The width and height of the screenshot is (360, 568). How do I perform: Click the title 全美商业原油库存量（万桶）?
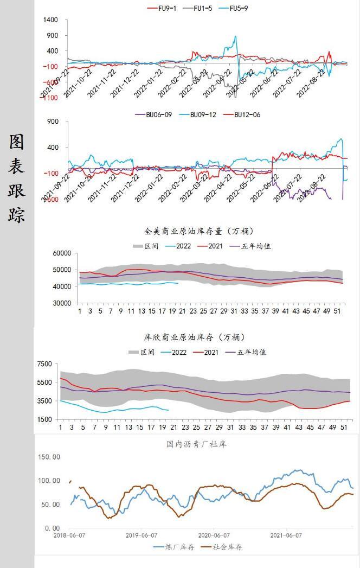pyautogui.click(x=199, y=232)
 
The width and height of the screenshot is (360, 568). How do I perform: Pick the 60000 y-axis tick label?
pyautogui.click(x=61, y=253)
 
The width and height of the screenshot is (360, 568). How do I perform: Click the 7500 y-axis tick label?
pyautogui.click(x=44, y=364)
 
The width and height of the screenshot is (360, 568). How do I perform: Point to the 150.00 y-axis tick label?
pyautogui.click(x=49, y=457)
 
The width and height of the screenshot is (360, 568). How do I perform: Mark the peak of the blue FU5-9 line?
pyautogui.click(x=235, y=36)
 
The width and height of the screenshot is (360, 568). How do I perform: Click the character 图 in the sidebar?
pyautogui.click(x=16, y=142)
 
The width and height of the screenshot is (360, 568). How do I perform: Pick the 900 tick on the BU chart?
pyautogui.click(x=52, y=122)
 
